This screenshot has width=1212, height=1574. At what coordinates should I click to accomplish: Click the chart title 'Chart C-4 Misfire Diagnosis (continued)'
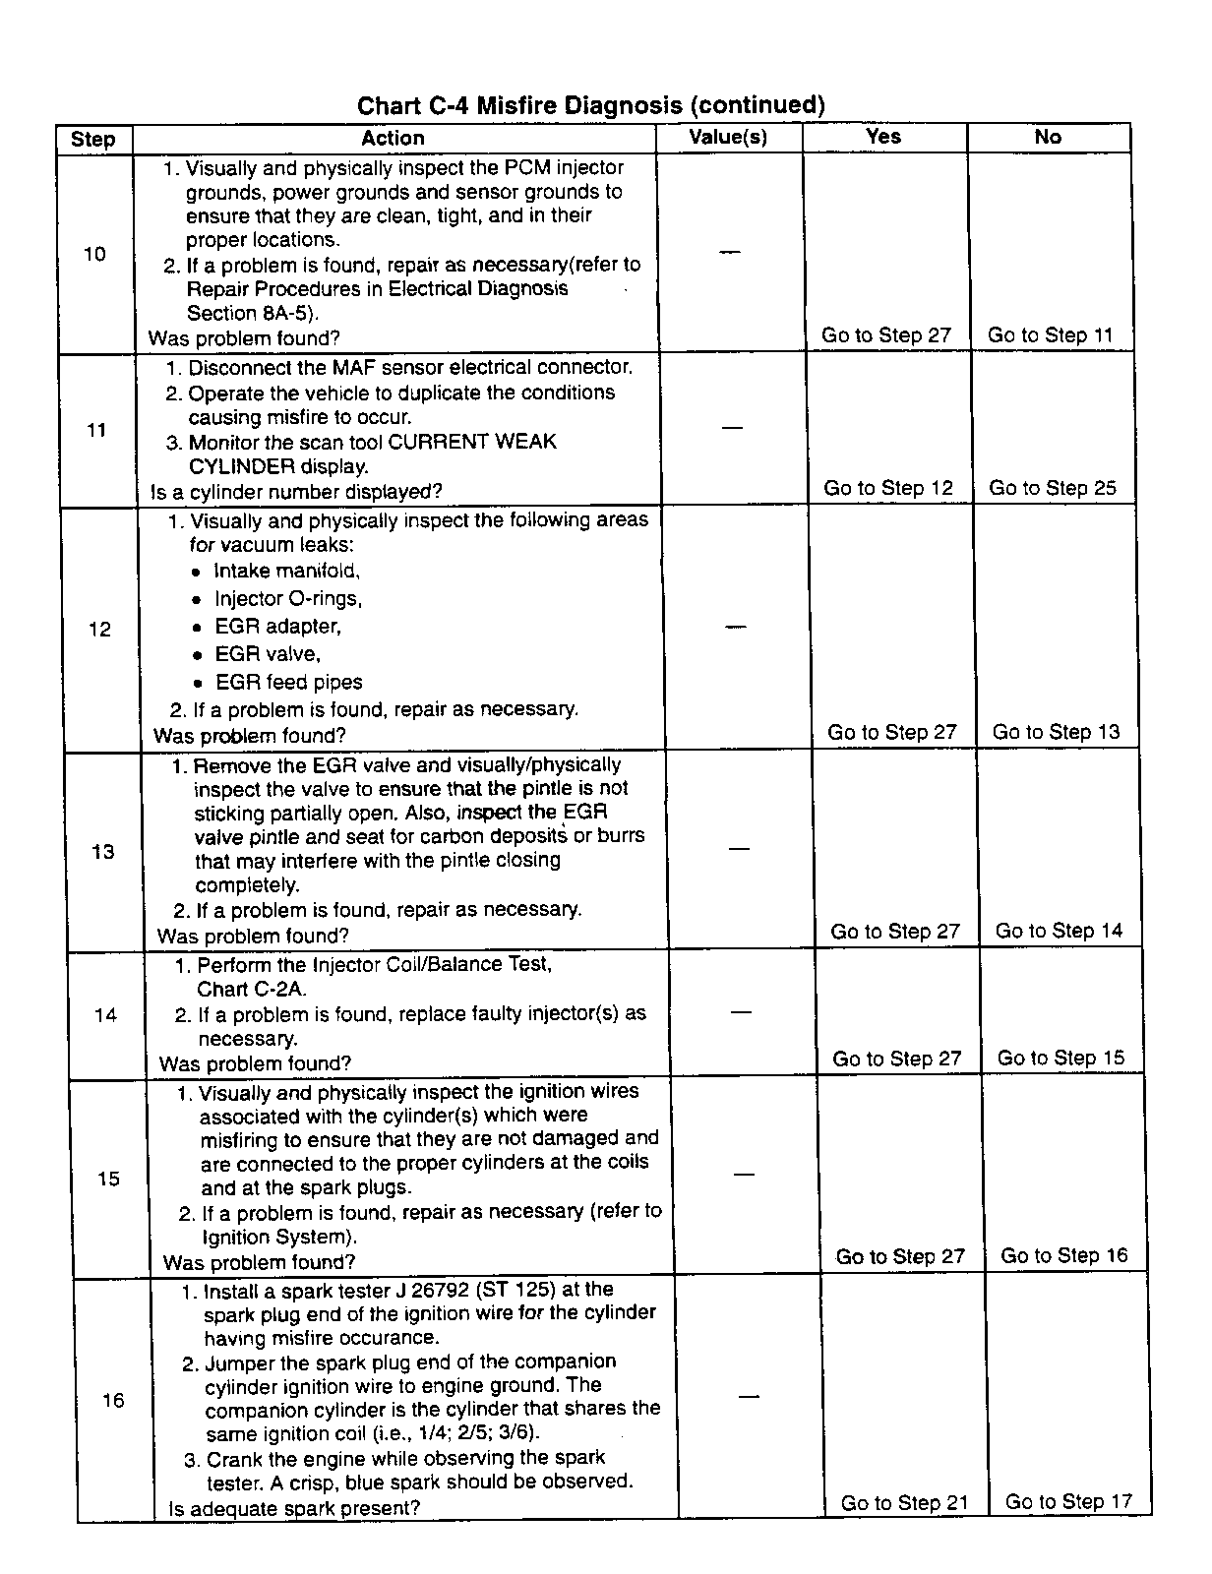pyautogui.click(x=590, y=104)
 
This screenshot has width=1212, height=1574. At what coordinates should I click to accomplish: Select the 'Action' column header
pyautogui.click(x=393, y=139)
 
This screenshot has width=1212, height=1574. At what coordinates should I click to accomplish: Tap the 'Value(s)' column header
pyautogui.click(x=728, y=137)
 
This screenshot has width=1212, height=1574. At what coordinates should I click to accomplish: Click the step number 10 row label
pyautogui.click(x=94, y=254)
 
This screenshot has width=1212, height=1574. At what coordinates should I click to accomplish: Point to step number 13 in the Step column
pyautogui.click(x=103, y=852)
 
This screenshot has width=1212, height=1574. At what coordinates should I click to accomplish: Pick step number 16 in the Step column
pyautogui.click(x=113, y=1400)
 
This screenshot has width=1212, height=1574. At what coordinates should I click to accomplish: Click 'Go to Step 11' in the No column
pyautogui.click(x=1050, y=335)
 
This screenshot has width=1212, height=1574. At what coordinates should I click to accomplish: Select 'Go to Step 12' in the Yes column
pyautogui.click(x=888, y=488)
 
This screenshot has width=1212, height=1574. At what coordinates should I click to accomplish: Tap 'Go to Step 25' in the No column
pyautogui.click(x=1053, y=488)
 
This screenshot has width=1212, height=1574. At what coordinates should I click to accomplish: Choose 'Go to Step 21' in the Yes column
pyautogui.click(x=904, y=1502)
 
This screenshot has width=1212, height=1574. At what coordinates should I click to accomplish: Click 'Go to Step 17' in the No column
pyautogui.click(x=1068, y=1501)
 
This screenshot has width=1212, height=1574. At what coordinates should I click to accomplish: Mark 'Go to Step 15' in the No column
pyautogui.click(x=1060, y=1058)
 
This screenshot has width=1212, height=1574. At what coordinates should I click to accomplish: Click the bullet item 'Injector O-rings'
pyautogui.click(x=288, y=598)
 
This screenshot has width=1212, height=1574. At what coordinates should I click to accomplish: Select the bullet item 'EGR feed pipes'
pyautogui.click(x=289, y=682)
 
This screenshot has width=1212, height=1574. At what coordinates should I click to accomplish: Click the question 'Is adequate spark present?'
pyautogui.click(x=294, y=1508)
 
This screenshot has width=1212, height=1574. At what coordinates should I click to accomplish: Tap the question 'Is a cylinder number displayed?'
pyautogui.click(x=296, y=491)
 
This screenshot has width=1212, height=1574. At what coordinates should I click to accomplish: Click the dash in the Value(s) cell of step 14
pyautogui.click(x=742, y=1011)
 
